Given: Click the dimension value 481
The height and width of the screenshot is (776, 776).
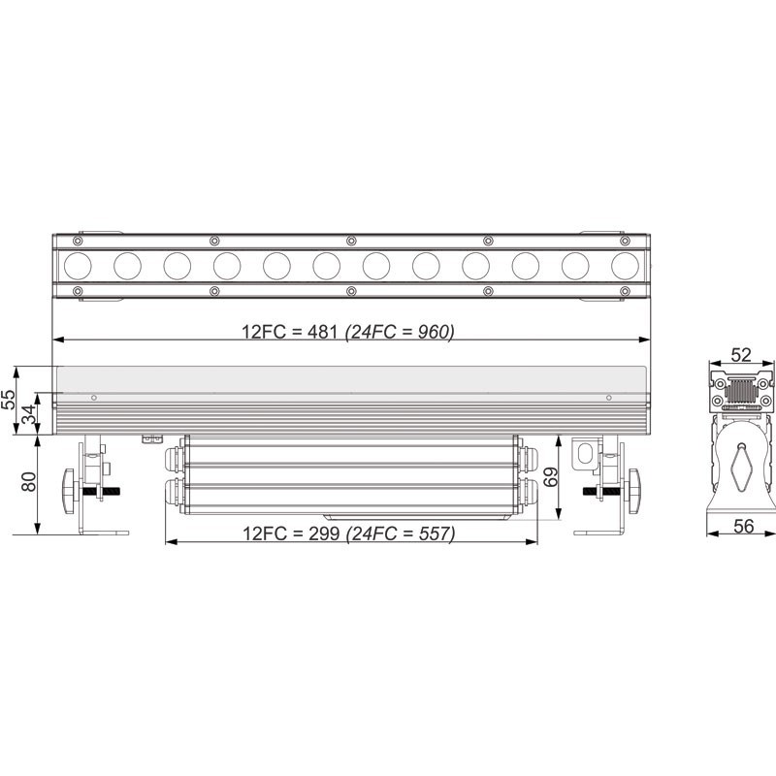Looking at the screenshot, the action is (x=322, y=331).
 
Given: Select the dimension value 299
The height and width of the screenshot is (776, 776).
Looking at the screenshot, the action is (x=324, y=533).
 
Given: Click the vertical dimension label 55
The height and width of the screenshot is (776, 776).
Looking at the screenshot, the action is (x=9, y=400).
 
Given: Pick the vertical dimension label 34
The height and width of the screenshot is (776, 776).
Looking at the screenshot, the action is (x=29, y=414).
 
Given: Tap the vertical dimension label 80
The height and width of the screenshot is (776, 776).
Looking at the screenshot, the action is (x=29, y=481).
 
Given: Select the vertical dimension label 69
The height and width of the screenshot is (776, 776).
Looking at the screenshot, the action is (x=550, y=476).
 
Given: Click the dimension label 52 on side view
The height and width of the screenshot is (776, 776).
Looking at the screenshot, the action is (x=741, y=355).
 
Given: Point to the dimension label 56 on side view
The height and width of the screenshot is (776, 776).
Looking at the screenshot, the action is (x=743, y=526).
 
